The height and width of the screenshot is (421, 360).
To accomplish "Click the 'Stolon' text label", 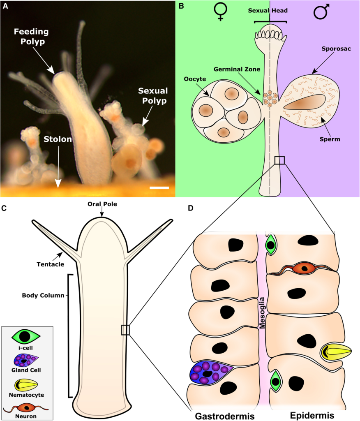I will (x=58, y=139).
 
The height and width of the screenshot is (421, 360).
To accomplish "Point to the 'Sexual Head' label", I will (x=270, y=11).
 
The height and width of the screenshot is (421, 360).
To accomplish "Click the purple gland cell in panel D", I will (x=211, y=373).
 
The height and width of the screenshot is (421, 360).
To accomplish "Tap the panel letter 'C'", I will (x=4, y=208).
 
